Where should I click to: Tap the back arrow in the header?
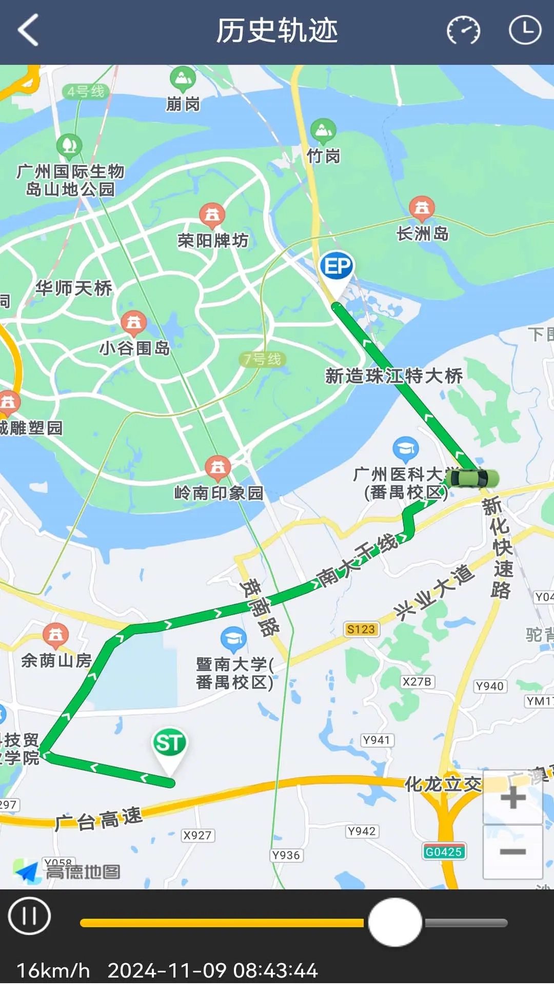[29, 30]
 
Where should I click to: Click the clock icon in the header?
[525, 30]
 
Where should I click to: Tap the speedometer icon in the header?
[463, 31]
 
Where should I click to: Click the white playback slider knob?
[395, 922]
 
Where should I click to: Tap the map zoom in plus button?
[512, 798]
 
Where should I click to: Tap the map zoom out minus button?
[512, 852]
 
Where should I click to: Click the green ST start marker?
[169, 744]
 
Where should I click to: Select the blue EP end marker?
[337, 267]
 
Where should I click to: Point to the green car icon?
[472, 479]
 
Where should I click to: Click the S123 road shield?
[361, 629]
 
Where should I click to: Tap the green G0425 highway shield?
[444, 852]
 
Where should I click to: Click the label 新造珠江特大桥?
[394, 376]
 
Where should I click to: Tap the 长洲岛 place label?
[423, 234]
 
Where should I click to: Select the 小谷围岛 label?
[134, 348]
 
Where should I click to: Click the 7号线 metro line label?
[263, 359]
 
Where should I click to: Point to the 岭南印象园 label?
[219, 493]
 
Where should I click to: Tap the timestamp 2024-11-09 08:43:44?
[212, 971]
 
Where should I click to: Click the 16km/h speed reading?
[53, 971]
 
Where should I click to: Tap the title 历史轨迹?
[277, 31]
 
